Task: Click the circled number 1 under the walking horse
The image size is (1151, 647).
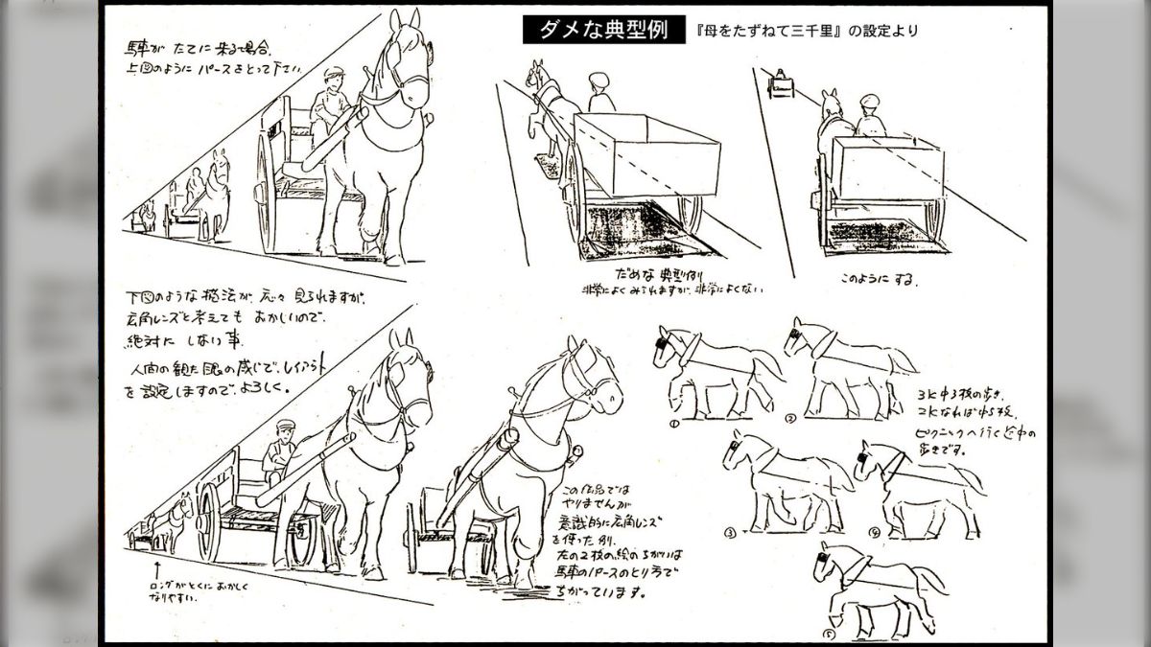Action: pyautogui.click(x=674, y=421)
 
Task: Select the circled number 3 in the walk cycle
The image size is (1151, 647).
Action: pyautogui.click(x=731, y=532)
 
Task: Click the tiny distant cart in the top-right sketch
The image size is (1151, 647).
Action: pyautogui.click(x=781, y=85)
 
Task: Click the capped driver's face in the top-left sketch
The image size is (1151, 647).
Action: pyautogui.click(x=331, y=85)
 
